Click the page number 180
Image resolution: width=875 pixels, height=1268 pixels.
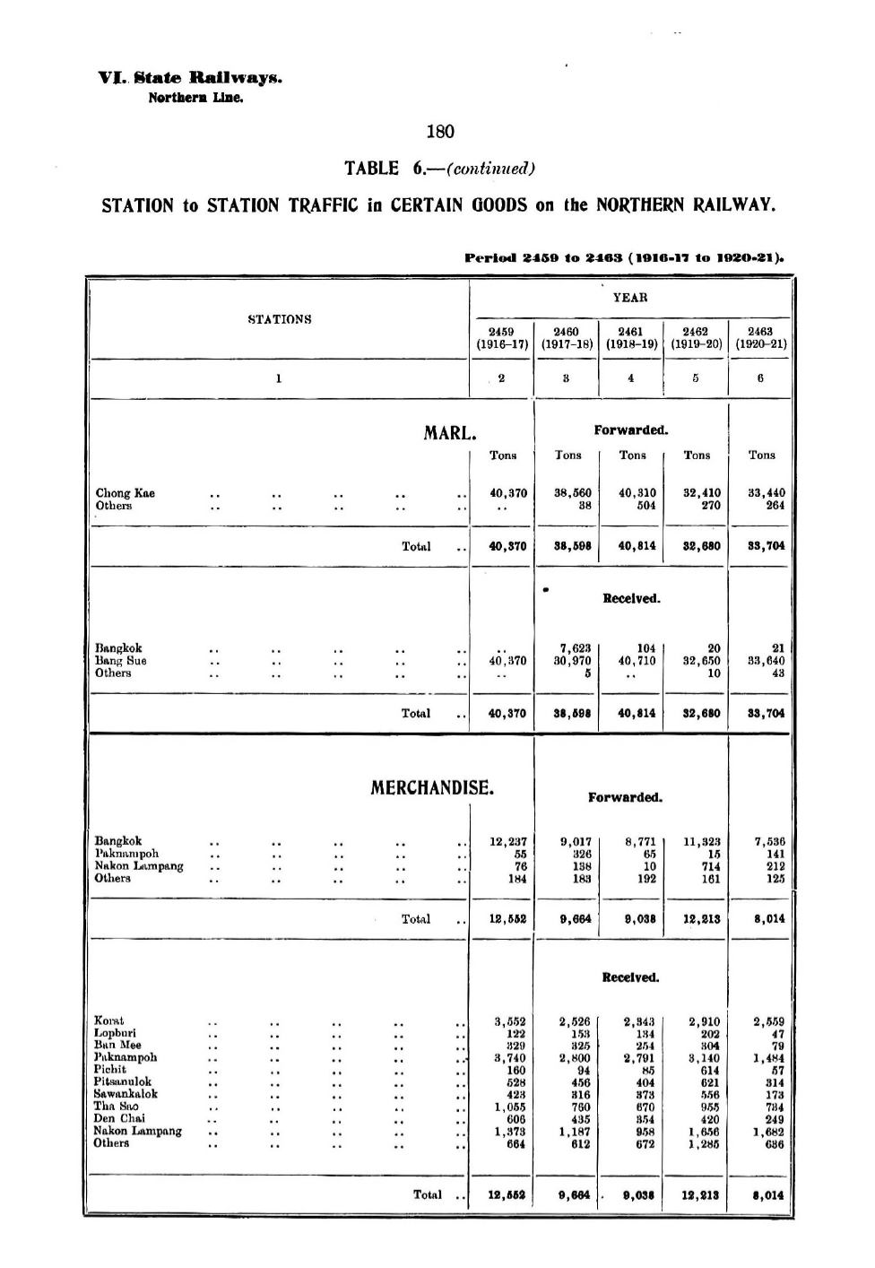coord(440,132)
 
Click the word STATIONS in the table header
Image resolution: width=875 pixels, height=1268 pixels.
coord(280,319)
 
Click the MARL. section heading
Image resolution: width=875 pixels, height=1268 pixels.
coord(449,434)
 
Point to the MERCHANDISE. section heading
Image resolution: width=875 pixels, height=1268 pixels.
coord(432,788)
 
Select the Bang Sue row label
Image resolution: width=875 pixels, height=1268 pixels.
coord(120,661)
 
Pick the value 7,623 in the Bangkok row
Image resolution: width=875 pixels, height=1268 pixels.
coord(575,648)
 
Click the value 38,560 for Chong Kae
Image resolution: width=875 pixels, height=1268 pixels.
coord(573,493)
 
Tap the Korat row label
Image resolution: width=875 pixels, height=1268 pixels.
coord(109,1020)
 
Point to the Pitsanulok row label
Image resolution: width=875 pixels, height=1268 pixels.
coord(123,1082)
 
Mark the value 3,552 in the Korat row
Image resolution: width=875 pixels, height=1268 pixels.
coord(509,1021)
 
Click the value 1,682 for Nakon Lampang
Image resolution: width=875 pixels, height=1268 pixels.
coord(768,1132)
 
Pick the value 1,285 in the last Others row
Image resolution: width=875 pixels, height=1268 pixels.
coord(704,1144)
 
